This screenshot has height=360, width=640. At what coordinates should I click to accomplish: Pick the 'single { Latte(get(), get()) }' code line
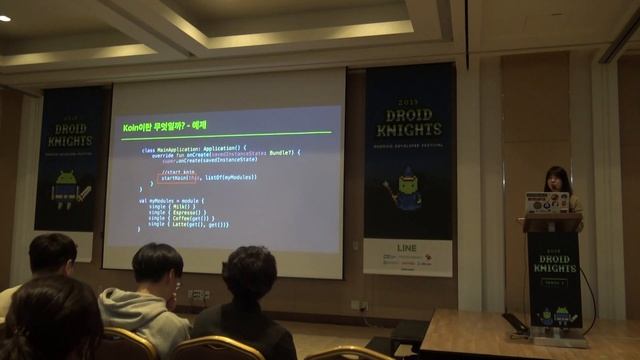pos(189,224)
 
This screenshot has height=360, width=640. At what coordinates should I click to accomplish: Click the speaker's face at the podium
pos(556,182)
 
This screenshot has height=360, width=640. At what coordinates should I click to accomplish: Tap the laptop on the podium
pos(547,203)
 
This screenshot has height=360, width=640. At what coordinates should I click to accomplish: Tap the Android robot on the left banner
pos(66,186)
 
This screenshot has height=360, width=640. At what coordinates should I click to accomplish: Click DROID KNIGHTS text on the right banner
pos(408,121)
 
